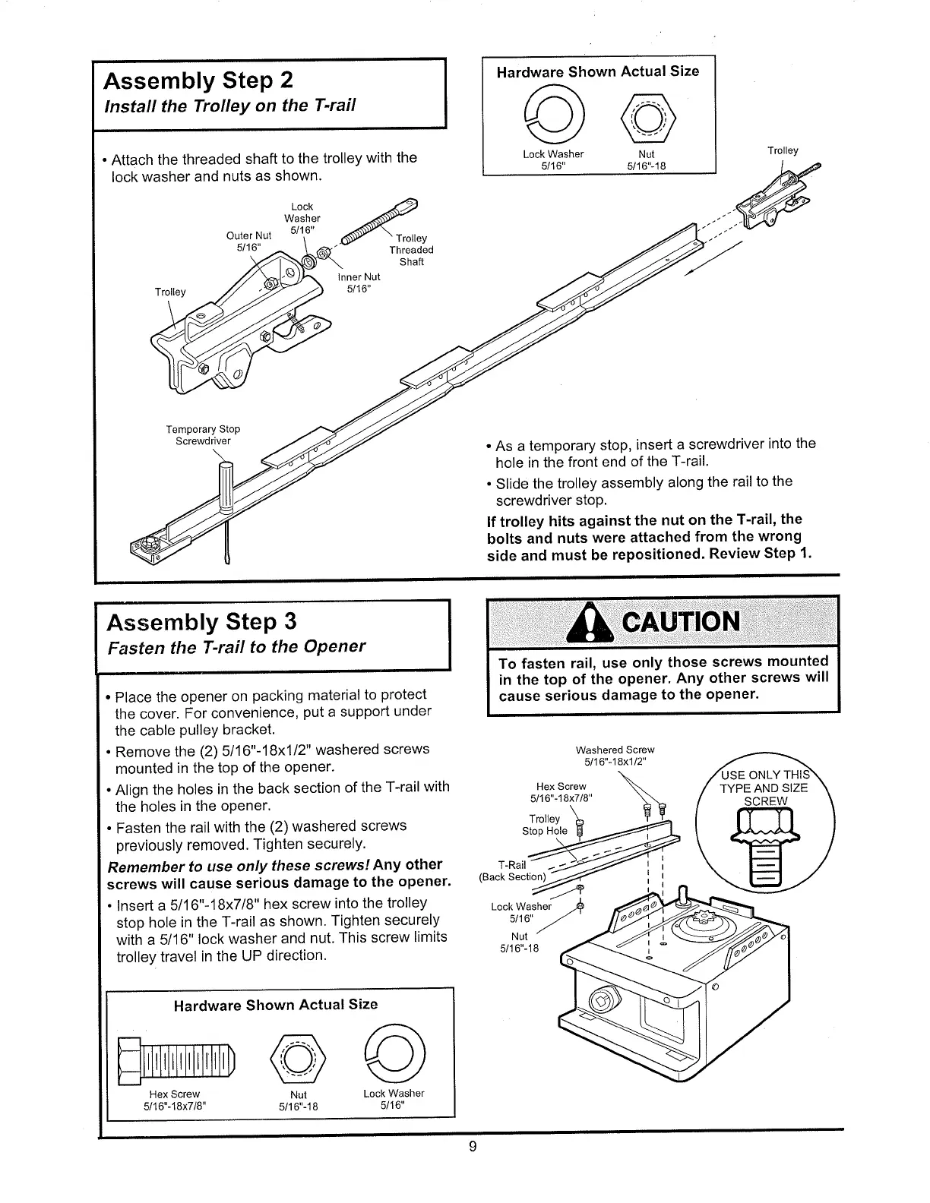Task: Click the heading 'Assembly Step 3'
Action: pyautogui.click(x=202, y=622)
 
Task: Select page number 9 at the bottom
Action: pyautogui.click(x=472, y=1147)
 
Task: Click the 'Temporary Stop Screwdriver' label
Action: pyautogui.click(x=203, y=435)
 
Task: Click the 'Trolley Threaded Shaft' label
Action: pyautogui.click(x=411, y=250)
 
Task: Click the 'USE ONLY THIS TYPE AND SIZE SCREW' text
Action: pyautogui.click(x=764, y=788)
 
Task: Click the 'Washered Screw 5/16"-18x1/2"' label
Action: pyautogui.click(x=615, y=756)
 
